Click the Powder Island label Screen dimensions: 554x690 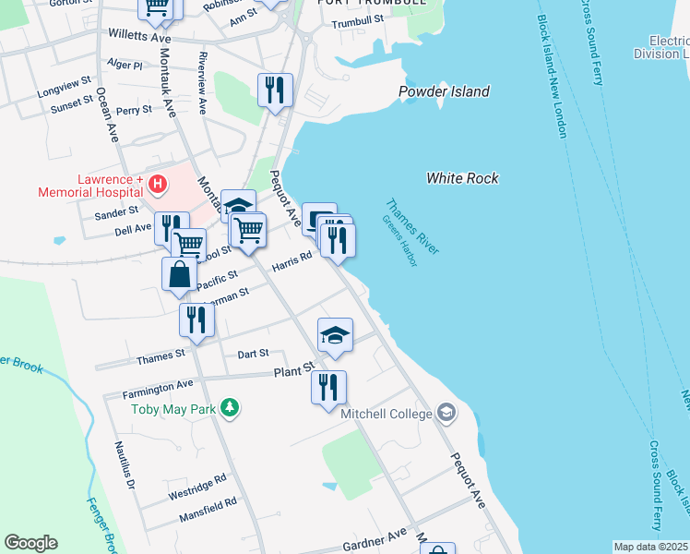click(444, 91)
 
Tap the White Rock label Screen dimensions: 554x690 click(462, 178)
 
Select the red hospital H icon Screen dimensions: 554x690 click(158, 184)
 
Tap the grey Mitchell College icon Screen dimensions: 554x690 click(447, 411)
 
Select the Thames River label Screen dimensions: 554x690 click(412, 227)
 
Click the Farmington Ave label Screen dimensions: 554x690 click(158, 389)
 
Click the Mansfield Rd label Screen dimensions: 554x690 click(208, 506)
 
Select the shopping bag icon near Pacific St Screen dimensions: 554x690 click(179, 276)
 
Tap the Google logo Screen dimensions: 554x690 click(30, 543)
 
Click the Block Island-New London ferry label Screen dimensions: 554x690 click(551, 78)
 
